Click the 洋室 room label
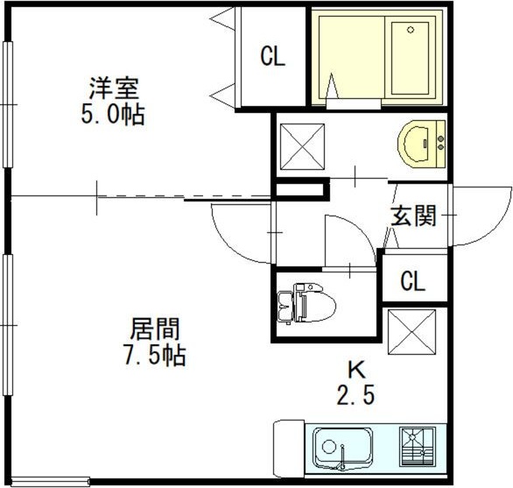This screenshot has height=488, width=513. pyautogui.click(x=115, y=88)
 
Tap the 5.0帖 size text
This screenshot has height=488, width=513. pyautogui.click(x=115, y=115)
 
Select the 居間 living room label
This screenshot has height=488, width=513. pyautogui.click(x=155, y=329)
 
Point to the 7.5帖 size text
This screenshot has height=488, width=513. pyautogui.click(x=155, y=357)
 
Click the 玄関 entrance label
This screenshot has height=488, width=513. pyautogui.click(x=412, y=216)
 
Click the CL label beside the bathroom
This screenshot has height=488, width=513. pyautogui.click(x=272, y=58)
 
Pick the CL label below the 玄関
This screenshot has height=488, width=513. pyautogui.click(x=412, y=282)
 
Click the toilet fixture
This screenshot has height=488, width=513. pyautogui.click(x=302, y=305)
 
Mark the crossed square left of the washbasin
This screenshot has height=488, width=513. pyautogui.click(x=300, y=145)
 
